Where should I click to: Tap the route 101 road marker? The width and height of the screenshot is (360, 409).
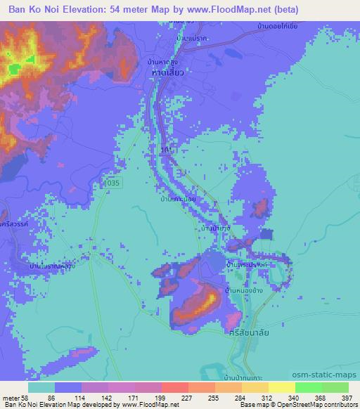click(x=164, y=150)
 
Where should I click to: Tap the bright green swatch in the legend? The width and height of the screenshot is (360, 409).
click(x=308, y=387)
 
